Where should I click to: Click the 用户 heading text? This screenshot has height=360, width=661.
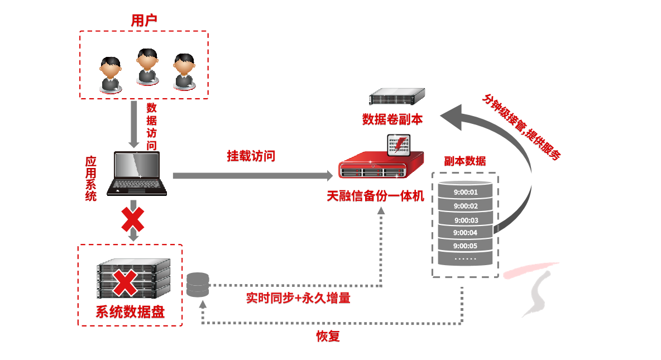tap(144, 21)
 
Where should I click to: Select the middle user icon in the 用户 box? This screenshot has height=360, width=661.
tap(147, 67)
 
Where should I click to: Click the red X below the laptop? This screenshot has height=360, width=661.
tap(133, 219)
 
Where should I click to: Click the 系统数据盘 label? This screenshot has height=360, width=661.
tap(130, 311)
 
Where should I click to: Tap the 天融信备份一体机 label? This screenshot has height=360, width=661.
tap(376, 196)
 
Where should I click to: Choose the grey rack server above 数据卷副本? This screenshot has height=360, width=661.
tap(396, 97)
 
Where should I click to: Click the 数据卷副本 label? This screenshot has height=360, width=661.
tap(392, 119)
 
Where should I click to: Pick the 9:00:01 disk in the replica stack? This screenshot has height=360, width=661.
tap(466, 193)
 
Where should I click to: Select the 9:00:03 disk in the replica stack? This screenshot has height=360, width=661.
tap(466, 220)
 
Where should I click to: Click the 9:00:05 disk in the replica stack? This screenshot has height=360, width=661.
tap(466, 246)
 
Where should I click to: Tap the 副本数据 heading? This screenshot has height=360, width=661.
tap(464, 162)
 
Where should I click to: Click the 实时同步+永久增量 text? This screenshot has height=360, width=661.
tap(298, 298)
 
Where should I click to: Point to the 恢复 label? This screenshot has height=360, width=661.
tap(328, 337)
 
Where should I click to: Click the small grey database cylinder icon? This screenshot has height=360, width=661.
tap(198, 285)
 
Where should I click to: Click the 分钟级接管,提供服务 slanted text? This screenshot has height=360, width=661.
tap(521, 126)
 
